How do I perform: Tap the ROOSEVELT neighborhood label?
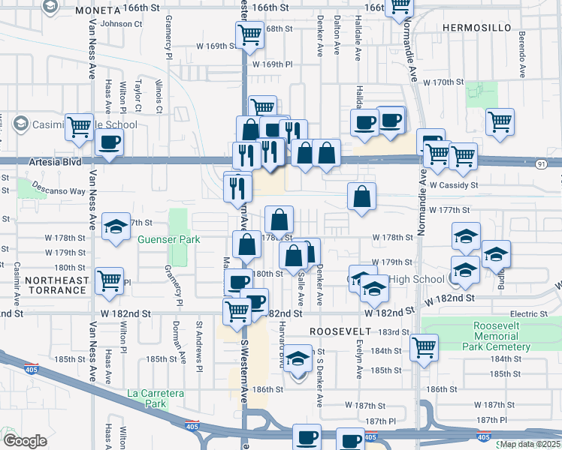(x=340, y=331)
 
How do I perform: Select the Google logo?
(x=25, y=441)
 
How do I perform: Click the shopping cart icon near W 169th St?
(x=249, y=34)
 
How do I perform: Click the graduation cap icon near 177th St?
(x=115, y=226)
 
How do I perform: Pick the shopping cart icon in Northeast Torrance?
(x=110, y=280)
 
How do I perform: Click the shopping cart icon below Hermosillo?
(x=499, y=121)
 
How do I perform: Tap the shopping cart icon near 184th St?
(x=424, y=346)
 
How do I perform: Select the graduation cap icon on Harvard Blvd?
(x=298, y=358)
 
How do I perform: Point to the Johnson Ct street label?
(x=121, y=24)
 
